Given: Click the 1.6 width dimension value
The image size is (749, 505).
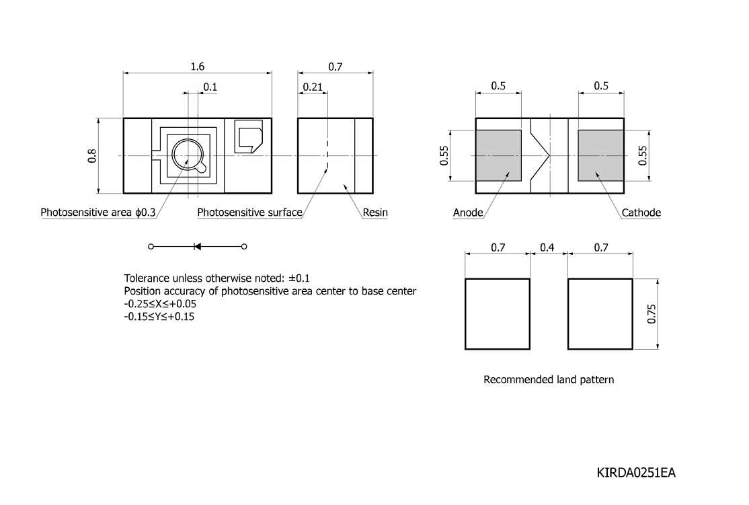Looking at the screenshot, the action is click(197, 67).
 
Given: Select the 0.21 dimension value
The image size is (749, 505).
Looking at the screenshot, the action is click(313, 87).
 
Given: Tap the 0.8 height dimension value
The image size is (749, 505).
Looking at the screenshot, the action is click(92, 156).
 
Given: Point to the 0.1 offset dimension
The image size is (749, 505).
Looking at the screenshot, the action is click(210, 87).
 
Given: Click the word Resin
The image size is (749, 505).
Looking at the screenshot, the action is click(375, 212).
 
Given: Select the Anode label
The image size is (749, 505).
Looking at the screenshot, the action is click(468, 212).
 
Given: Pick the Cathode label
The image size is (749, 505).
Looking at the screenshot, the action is click(641, 212).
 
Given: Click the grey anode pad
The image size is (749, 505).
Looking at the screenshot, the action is click(498, 156).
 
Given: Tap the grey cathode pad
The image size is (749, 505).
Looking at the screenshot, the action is click(601, 156).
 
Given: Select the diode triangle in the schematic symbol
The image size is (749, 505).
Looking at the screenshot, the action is click(197, 247).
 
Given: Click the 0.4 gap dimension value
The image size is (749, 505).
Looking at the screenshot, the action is click(547, 247).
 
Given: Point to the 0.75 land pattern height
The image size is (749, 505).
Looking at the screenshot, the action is click(652, 314).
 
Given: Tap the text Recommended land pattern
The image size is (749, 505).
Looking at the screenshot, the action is click(549, 380).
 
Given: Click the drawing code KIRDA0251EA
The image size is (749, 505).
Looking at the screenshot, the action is click(636, 473).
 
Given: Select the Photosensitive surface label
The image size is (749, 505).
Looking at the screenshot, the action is click(250, 212).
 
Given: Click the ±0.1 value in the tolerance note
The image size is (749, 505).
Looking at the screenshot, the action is click(299, 278).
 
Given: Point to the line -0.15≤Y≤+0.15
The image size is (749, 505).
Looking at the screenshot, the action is click(159, 316).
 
